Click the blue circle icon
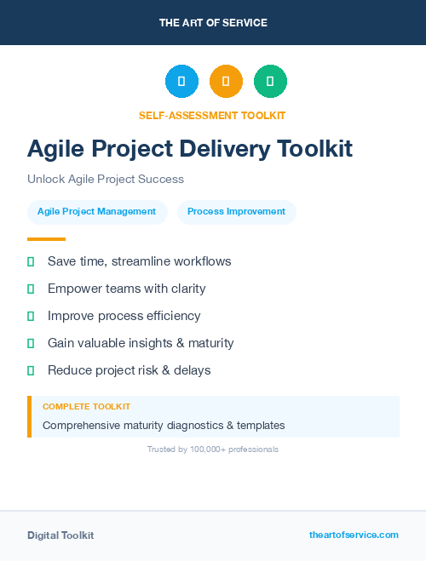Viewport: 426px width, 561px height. (181, 82)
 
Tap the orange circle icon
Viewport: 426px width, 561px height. (226, 82)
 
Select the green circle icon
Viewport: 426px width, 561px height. (270, 82)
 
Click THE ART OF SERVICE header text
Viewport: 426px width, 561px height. (213, 23)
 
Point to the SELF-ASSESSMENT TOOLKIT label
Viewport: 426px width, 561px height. (212, 115)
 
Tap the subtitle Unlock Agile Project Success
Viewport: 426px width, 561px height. (106, 180)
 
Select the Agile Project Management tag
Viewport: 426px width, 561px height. (96, 212)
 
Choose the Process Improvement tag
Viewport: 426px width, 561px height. (236, 212)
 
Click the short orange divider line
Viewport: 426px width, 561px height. (46, 239)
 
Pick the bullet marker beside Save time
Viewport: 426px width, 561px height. (31, 261)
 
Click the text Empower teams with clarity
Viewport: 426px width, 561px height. (126, 289)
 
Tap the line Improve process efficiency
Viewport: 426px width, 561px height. (124, 316)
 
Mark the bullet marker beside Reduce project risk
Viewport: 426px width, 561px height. (31, 370)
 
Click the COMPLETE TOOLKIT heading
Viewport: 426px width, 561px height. (86, 407)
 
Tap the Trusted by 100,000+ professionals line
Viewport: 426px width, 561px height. (213, 449)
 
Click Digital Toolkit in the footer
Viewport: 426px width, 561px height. (60, 535)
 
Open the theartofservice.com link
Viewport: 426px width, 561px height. (354, 535)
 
